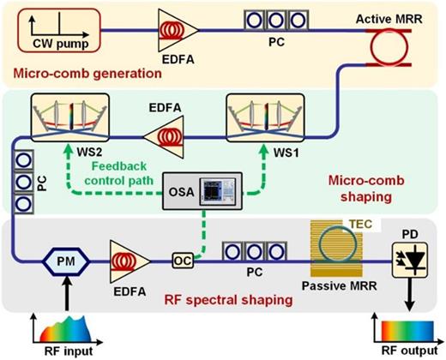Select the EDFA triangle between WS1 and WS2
click(x=161, y=135)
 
